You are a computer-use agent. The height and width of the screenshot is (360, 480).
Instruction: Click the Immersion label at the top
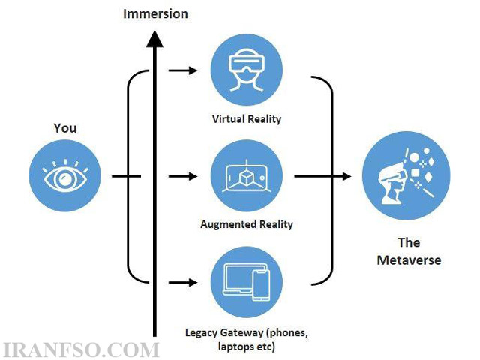155,14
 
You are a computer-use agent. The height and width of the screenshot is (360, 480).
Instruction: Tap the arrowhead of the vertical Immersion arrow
154,39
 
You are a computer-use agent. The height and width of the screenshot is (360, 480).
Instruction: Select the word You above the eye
65,128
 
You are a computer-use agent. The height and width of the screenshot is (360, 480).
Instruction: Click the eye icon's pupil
65,179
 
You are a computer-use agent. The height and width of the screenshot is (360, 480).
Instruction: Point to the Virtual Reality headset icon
247,70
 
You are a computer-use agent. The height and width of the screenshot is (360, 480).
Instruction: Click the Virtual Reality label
247,119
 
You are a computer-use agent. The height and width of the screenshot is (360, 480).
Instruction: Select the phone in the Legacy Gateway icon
261,285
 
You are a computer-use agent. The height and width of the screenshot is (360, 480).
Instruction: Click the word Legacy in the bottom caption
202,333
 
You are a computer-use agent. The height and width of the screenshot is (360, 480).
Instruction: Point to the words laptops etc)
247,346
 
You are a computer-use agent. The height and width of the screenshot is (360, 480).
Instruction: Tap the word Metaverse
409,260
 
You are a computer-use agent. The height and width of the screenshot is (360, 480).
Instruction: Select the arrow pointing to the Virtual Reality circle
183,70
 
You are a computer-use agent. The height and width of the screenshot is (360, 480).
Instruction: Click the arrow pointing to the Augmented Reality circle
183,176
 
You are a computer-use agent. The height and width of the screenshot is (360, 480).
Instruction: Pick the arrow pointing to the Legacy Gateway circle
183,282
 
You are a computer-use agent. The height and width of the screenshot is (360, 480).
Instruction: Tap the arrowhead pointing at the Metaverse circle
346,176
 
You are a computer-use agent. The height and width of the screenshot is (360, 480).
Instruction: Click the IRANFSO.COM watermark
80,350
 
